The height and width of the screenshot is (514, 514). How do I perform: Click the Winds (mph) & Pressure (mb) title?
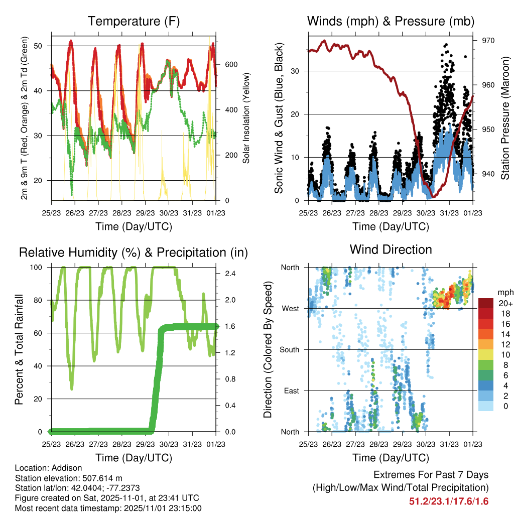pyautogui.click(x=391, y=21)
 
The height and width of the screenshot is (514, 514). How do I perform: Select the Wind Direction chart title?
pyautogui.click(x=391, y=249)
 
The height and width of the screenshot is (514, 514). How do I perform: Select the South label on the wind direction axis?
pyautogui.click(x=290, y=349)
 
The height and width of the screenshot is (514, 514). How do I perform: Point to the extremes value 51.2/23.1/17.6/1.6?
pyautogui.click(x=449, y=501)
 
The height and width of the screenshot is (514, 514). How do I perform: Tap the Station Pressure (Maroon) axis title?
pyautogui.click(x=505, y=118)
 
